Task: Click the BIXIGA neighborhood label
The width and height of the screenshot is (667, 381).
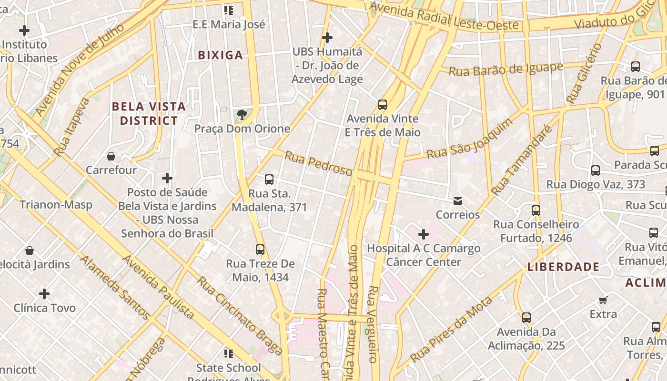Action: pos(221,55)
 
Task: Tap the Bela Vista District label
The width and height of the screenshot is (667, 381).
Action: pos(149,113)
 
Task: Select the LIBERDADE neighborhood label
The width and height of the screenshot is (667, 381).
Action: pos(563,267)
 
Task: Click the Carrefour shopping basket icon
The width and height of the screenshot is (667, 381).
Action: pos(111,156)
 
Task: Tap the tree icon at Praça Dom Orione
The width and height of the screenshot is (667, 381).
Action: pos(242,114)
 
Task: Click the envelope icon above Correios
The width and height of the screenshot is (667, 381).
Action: pos(458,201)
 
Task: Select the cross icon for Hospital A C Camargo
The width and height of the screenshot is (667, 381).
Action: pos(423,234)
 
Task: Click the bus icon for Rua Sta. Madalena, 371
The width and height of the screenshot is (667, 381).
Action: pos(269,180)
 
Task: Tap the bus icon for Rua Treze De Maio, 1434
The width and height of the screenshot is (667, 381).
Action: pos(260,249)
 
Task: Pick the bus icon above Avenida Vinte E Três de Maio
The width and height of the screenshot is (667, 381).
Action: pos(382,104)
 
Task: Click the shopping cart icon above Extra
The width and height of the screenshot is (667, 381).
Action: pos(603,300)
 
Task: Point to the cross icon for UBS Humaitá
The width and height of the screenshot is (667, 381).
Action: pos(327,37)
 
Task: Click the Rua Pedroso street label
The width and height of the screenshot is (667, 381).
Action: pos(318,163)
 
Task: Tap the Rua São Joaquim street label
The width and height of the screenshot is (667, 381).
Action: pos(470,139)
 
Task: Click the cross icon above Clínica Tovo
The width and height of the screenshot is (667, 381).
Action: pos(44,293)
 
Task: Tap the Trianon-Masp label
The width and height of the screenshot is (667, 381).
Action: pos(56,205)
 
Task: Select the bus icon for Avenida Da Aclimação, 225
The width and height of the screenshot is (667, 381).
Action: pos(526,317)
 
